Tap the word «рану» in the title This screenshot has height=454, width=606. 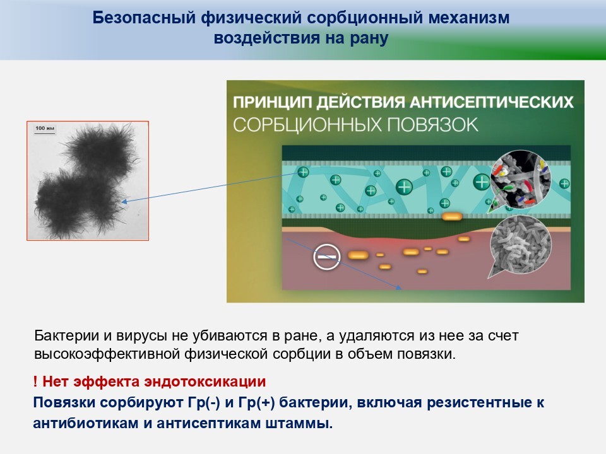click(369, 38)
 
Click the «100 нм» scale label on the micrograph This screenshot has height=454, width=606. click(45, 128)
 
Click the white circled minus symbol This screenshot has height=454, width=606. click(326, 257)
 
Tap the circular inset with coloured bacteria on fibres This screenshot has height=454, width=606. click(520, 178)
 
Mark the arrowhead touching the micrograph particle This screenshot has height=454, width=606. click(124, 201)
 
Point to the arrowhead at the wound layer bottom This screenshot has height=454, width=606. click(399, 288)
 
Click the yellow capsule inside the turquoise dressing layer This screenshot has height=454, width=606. click(452, 216)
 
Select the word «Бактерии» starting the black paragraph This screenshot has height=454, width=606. click(67, 335)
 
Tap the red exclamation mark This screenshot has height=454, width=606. click(35, 381)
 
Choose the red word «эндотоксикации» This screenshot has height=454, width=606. click(205, 382)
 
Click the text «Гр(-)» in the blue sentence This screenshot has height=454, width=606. click(204, 403)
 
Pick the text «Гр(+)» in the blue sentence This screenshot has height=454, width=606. click(257, 403)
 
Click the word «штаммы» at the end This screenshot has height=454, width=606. click(299, 424)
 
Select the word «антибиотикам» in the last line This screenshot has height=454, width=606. click(86, 424)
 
